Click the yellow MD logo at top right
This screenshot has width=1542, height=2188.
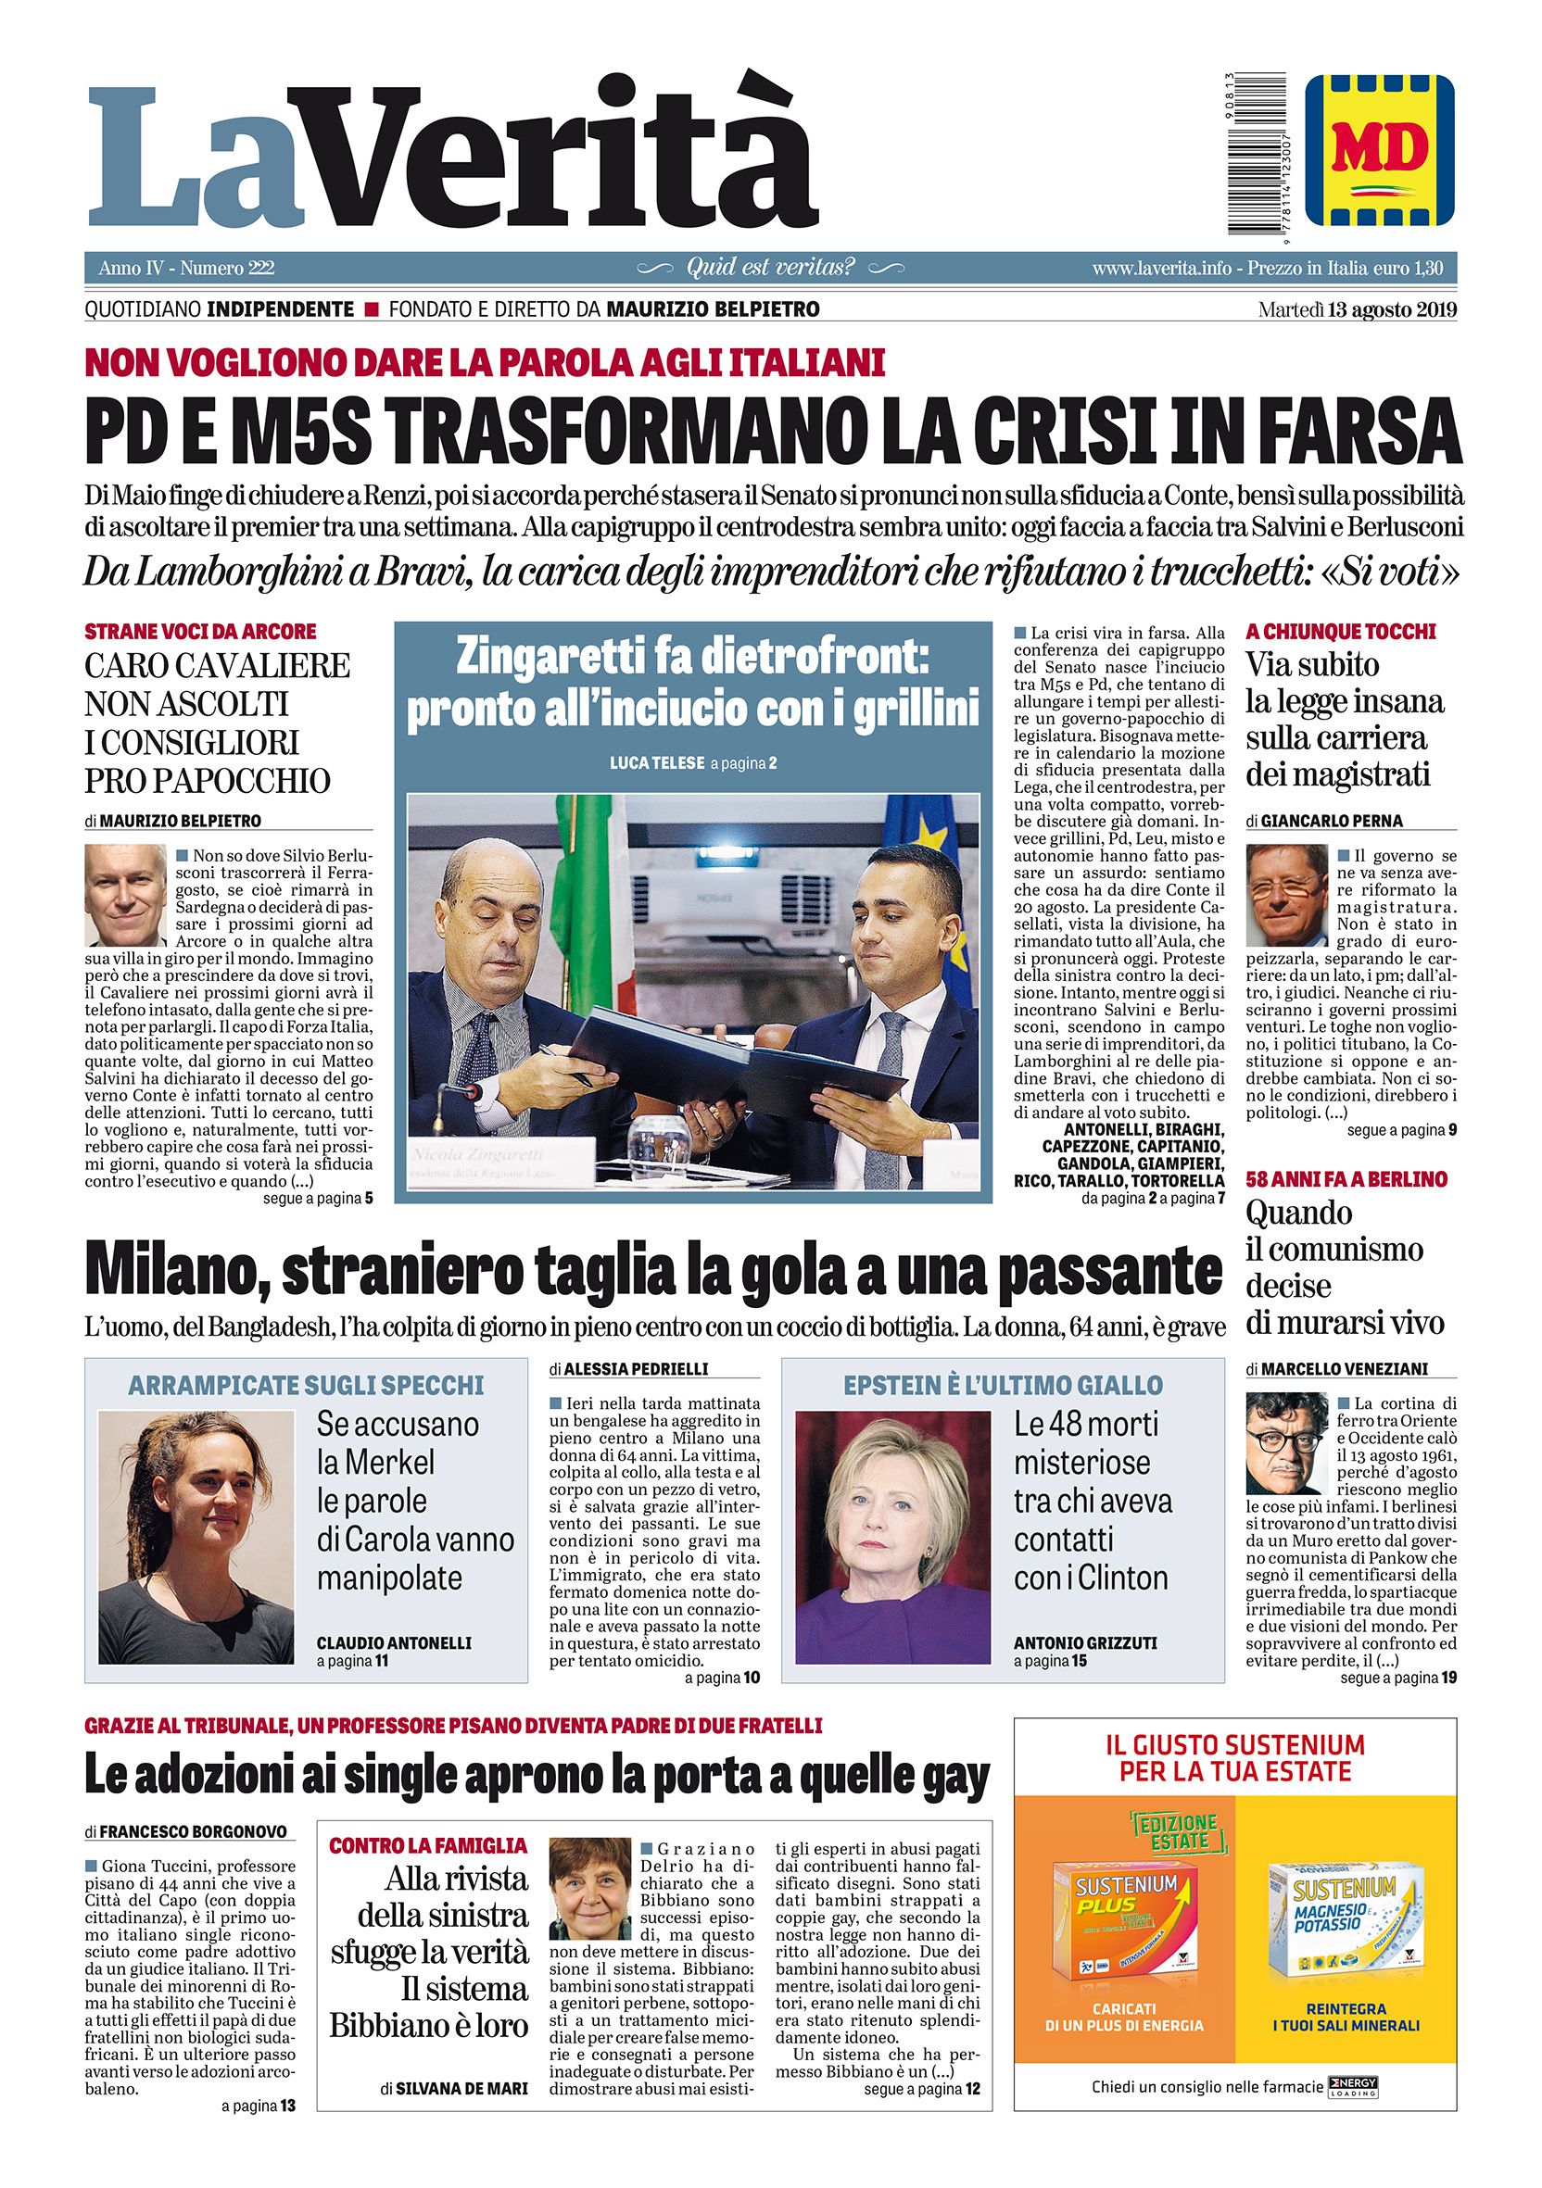[x=1379, y=151]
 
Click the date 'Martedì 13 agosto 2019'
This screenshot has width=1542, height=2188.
[x=1357, y=309]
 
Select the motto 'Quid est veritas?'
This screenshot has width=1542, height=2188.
[x=770, y=268]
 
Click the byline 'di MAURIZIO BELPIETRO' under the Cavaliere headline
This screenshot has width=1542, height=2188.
[x=172, y=821]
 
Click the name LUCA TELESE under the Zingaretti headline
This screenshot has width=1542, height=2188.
[x=656, y=763]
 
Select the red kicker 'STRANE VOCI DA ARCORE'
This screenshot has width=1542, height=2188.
[x=200, y=632]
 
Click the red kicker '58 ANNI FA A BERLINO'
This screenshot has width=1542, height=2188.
[x=1346, y=1179]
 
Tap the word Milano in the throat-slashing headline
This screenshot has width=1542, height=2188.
[x=169, y=1269]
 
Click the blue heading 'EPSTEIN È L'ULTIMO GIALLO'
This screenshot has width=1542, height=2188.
[x=1003, y=1385]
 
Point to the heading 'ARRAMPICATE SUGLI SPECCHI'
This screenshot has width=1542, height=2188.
[x=306, y=1385]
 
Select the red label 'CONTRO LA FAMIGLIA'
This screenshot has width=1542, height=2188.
[x=427, y=1846]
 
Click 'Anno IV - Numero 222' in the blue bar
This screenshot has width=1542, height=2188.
[x=186, y=269]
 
